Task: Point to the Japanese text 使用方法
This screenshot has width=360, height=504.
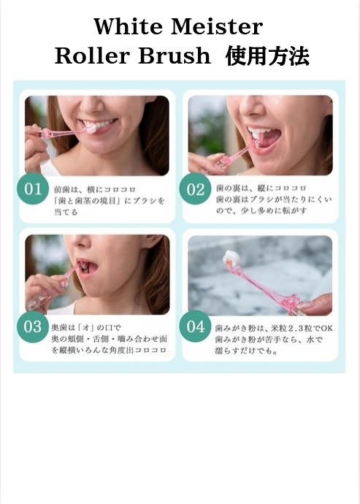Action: coord(267,56)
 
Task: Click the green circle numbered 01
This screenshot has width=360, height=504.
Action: coord(34,190)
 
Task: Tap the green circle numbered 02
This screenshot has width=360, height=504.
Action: coord(196,190)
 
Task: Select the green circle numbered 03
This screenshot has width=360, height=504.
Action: coord(34,327)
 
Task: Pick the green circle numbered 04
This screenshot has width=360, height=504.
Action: coord(196,327)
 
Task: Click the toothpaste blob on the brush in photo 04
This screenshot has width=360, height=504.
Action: coord(232,258)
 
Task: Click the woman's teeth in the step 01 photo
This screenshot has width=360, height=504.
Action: coord(102,126)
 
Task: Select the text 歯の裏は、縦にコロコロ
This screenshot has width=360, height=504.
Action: coord(248,187)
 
